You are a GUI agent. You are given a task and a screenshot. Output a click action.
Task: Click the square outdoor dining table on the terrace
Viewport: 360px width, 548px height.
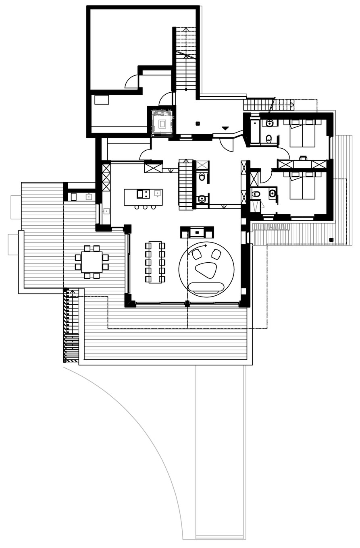(92, 262)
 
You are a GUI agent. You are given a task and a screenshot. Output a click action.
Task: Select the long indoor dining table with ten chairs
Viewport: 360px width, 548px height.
(155, 262)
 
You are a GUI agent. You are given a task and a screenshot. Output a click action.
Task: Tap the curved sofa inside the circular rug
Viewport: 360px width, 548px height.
(206, 287)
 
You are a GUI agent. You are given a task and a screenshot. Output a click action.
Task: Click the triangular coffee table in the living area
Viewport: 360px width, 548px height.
(206, 270)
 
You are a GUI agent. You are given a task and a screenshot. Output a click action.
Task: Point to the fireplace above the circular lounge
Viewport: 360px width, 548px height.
(197, 232)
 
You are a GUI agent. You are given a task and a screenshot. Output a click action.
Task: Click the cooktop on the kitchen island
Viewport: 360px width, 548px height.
(143, 194)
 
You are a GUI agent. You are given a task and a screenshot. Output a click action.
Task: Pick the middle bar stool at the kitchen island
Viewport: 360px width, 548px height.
(145, 207)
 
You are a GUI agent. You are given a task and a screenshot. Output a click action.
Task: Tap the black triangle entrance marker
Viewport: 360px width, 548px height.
(225, 128)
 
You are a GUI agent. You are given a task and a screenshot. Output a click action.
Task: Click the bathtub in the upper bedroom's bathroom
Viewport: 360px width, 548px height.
(255, 131)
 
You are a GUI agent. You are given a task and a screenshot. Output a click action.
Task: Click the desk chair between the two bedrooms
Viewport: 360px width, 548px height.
(303, 158)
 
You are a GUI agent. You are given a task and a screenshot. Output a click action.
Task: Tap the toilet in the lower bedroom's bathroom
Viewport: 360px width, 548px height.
(256, 194)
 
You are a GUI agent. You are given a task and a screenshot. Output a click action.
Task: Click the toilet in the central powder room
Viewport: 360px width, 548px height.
(202, 177)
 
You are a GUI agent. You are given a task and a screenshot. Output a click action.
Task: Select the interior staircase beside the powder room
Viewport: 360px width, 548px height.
(186, 185)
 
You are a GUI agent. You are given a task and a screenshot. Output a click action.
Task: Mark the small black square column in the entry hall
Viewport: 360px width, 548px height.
(198, 123)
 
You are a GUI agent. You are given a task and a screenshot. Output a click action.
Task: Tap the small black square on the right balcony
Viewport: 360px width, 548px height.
(331, 240)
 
